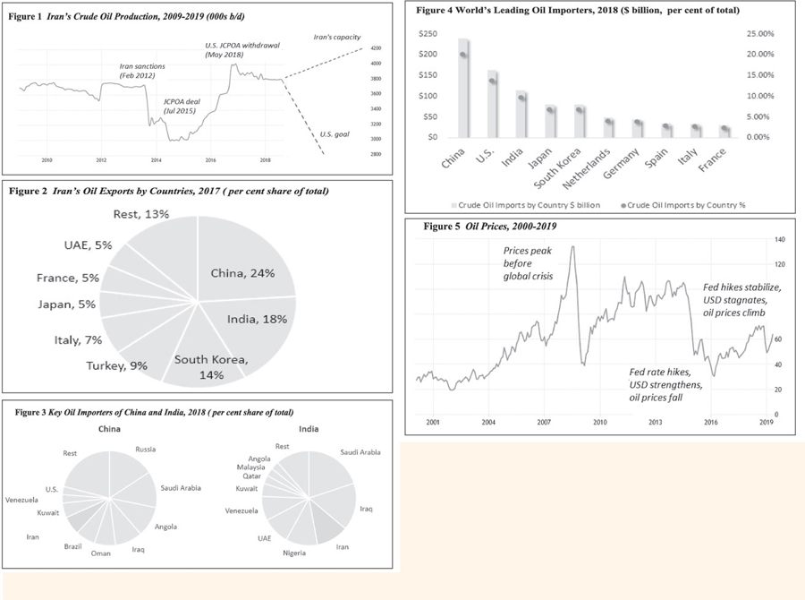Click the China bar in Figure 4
coord(464,90)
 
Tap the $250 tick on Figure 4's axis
coord(429,33)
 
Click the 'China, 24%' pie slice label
coord(242,273)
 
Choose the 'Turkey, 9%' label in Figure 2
coord(116,365)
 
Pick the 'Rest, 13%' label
coord(142,214)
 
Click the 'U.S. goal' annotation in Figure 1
coord(335,134)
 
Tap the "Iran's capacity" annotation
coord(335,38)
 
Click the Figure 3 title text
coord(156,412)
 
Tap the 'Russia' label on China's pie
coord(145,449)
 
